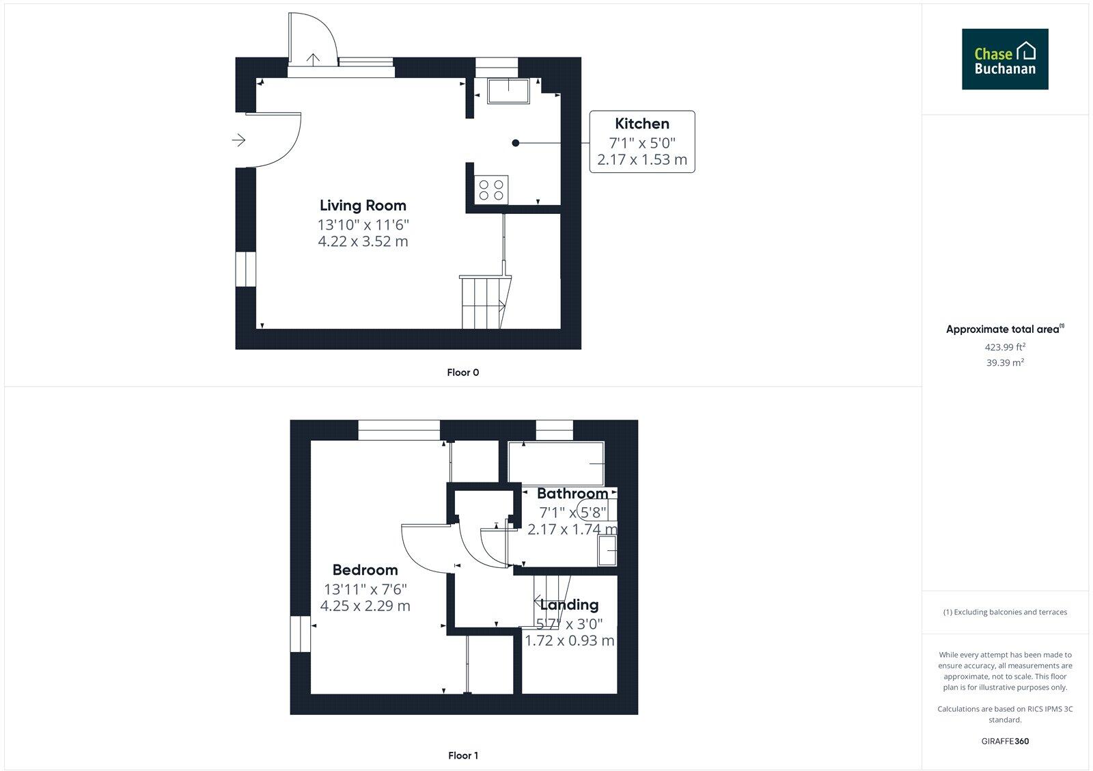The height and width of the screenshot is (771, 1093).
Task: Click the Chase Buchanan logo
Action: click(1005, 59)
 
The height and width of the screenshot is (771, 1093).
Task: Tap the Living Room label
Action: click(363, 205)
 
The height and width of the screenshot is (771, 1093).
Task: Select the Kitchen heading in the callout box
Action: click(641, 124)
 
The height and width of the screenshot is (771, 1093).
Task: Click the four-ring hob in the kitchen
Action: click(491, 189)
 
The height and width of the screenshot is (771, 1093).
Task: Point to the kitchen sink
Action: click(508, 91)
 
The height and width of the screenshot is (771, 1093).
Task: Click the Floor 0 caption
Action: click(462, 373)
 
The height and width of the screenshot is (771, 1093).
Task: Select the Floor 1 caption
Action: click(462, 755)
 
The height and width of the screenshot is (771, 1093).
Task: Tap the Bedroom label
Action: click(365, 569)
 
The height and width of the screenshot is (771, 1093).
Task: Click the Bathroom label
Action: click(572, 493)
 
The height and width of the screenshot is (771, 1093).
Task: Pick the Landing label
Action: click(569, 604)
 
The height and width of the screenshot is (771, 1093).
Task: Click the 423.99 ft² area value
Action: click(1005, 347)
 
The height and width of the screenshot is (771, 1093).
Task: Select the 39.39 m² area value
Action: click(1005, 363)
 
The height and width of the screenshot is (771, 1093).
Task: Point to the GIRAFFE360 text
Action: click(1005, 741)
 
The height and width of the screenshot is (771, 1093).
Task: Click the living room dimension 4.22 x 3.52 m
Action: click(363, 241)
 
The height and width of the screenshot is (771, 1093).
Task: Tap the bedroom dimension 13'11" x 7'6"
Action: click(365, 589)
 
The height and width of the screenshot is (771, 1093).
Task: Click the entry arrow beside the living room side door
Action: click(238, 140)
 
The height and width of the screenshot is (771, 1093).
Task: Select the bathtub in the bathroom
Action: click(556, 463)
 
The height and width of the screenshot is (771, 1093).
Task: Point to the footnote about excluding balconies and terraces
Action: click(1005, 612)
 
